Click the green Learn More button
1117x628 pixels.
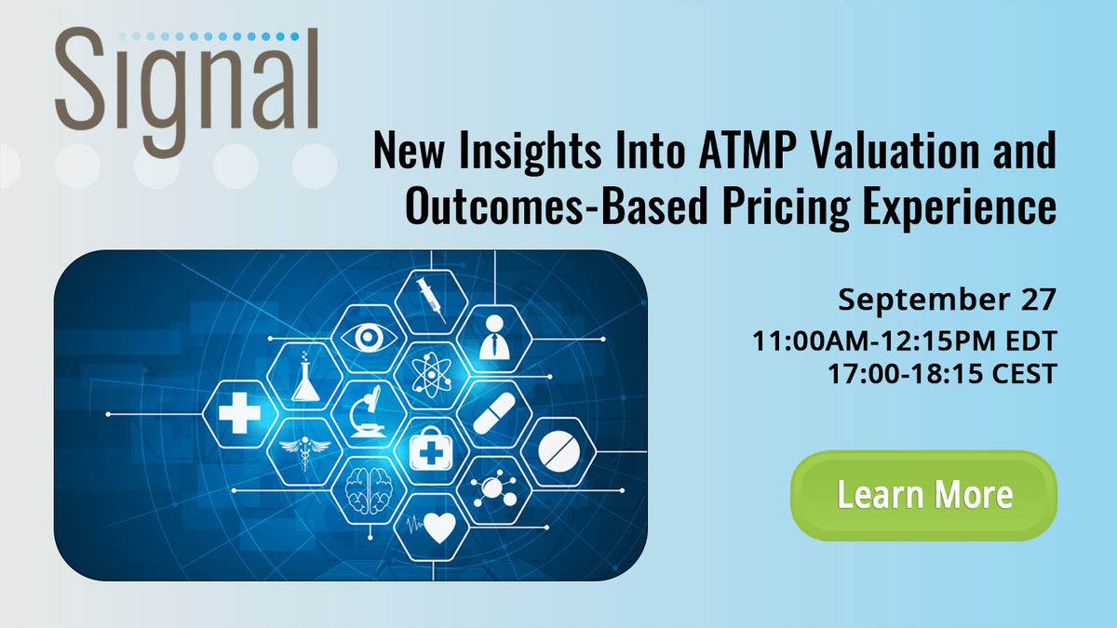(x=923, y=494)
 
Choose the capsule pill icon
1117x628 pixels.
(x=493, y=413)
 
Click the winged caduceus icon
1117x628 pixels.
(x=303, y=453)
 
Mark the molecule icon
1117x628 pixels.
(x=493, y=488)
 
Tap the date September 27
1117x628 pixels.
(x=947, y=300)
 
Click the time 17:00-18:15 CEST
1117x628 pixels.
(x=941, y=374)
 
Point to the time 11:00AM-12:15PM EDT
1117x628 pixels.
(x=906, y=341)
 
